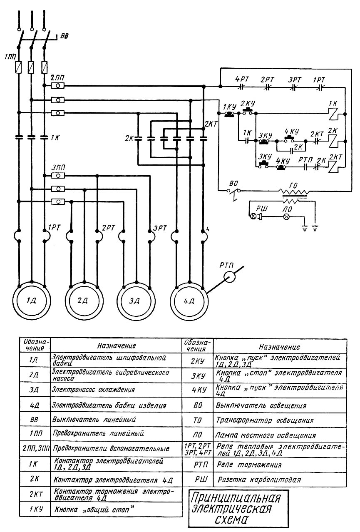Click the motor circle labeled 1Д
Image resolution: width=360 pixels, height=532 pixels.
31,301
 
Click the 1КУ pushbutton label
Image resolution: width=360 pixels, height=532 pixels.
229,106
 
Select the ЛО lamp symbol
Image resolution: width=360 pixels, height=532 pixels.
286,217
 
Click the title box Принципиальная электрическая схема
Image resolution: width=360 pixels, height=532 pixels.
235,508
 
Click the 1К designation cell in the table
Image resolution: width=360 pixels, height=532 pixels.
35,464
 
